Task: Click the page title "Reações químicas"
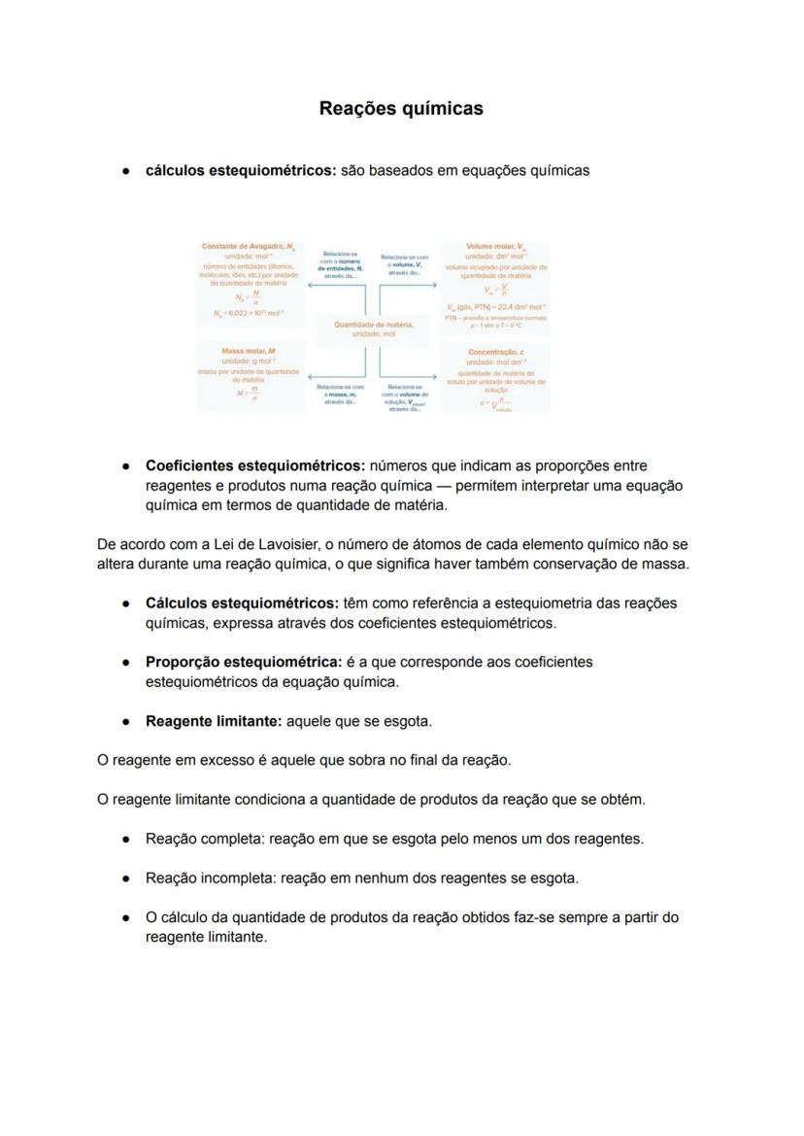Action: pos(401,109)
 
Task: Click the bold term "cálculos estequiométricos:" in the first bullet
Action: pos(241,170)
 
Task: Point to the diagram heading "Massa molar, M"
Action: pos(249,350)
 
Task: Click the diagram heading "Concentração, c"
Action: pos(495,352)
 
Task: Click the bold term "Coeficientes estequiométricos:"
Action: pos(254,465)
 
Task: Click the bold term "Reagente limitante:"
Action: pos(214,721)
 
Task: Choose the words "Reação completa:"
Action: pos(205,839)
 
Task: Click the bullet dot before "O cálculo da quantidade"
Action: pos(127,917)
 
